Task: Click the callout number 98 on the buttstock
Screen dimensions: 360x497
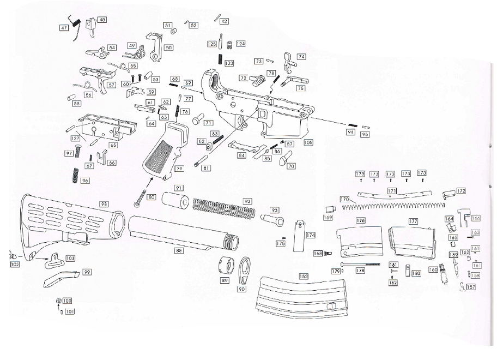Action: tap(104, 203)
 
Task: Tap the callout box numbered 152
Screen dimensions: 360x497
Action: tap(304, 276)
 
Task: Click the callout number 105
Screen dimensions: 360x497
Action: tap(308, 142)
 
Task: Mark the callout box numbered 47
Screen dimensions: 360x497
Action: tap(64, 28)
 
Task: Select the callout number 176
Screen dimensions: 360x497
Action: tap(360, 221)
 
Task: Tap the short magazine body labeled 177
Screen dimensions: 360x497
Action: tap(413, 240)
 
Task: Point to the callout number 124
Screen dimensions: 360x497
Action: tap(240, 43)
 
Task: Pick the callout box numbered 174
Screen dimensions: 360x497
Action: tap(311, 235)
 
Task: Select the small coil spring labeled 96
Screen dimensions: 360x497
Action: tap(75, 176)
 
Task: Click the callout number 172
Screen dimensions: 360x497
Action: tap(461, 191)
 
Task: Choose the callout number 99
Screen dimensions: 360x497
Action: tap(87, 272)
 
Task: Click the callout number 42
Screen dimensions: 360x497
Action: tap(224, 21)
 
